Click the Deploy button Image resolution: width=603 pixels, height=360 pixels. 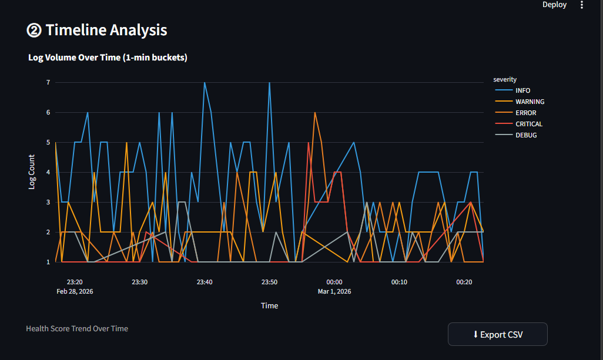tap(554, 5)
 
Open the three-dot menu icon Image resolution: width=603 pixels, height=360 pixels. tap(582, 5)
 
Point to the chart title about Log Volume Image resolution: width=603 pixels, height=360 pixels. tap(108, 58)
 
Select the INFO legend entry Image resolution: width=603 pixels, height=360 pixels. tap(522, 90)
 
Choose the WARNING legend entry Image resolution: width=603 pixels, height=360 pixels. tap(530, 102)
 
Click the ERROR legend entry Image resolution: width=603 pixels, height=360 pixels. tap(525, 113)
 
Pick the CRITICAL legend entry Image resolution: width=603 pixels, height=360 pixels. tap(528, 124)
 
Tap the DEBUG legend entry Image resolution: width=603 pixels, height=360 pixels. tap(526, 135)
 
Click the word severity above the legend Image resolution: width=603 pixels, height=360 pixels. tap(505, 79)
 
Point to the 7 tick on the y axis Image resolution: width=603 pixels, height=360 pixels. tap(48, 82)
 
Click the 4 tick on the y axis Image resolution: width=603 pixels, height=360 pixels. tap(48, 172)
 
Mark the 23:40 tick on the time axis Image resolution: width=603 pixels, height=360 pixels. tap(205, 282)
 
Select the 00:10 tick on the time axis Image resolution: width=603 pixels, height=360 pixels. tap(399, 282)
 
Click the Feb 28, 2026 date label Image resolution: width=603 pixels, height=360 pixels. tap(75, 291)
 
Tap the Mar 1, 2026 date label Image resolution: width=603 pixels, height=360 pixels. tap(334, 291)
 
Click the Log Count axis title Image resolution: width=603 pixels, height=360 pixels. tap(32, 172)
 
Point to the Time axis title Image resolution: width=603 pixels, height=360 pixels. tap(269, 305)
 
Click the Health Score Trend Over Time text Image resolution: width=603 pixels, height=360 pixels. tap(77, 328)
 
